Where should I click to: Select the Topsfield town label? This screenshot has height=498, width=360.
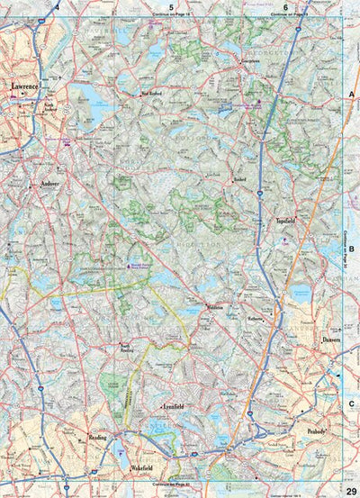pyautogui.click(x=287, y=220)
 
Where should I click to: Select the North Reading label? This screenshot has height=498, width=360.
pyautogui.click(x=131, y=347)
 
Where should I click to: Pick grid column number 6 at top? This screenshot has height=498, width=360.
pyautogui.click(x=285, y=6)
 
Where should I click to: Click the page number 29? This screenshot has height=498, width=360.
pyautogui.click(x=350, y=489)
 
